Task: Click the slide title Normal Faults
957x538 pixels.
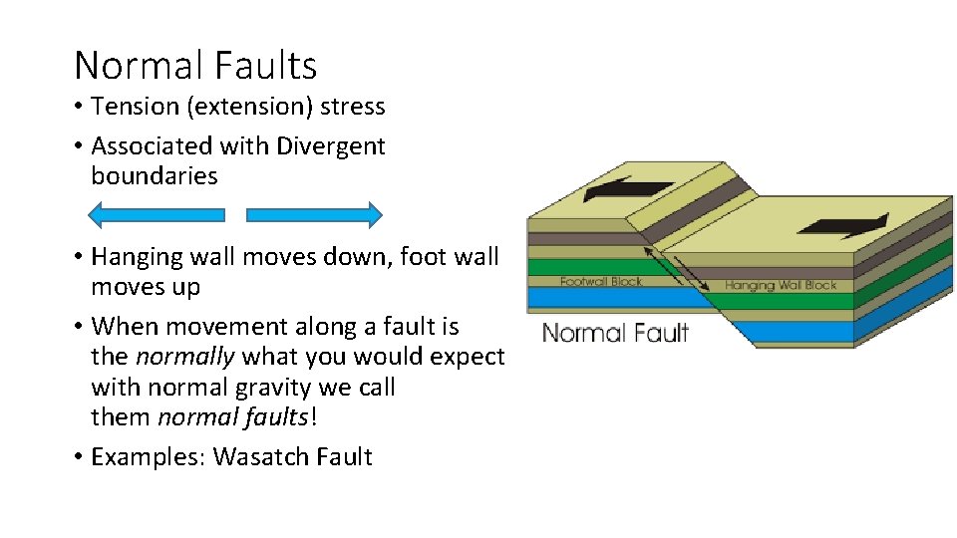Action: pos(195,66)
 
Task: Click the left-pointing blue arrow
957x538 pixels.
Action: pos(157,214)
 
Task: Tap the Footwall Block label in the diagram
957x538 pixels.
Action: pos(600,282)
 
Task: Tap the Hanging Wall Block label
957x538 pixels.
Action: pos(780,285)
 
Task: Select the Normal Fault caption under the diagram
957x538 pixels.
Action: pos(614,332)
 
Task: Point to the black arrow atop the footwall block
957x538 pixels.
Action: pos(628,189)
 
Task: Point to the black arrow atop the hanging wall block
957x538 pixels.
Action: pos(841,223)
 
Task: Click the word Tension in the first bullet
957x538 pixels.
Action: pos(130,107)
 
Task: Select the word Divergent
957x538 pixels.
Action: pos(331,146)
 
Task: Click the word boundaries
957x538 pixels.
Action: pos(154,176)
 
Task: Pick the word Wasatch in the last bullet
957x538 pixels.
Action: pos(260,457)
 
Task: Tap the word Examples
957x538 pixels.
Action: pos(147,457)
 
